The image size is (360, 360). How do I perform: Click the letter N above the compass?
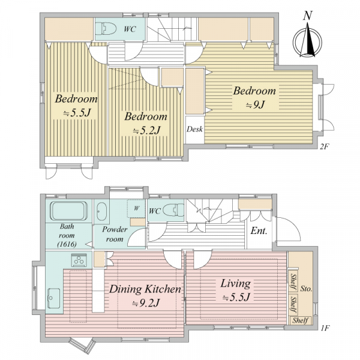[308, 16]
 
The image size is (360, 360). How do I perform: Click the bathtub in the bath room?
[68, 211]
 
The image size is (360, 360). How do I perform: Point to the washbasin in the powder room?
[101, 211]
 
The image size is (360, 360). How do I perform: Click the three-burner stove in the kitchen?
[79, 260]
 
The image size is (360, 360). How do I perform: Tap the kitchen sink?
[54, 298]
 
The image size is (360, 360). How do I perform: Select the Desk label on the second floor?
[194, 129]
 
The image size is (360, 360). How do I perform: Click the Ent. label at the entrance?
[259, 231]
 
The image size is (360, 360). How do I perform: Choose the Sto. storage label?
[306, 289]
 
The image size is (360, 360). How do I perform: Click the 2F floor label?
[323, 147]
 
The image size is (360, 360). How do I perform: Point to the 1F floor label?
[325, 328]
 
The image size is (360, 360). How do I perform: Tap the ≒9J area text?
[256, 104]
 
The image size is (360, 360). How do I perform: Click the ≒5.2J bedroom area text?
[146, 131]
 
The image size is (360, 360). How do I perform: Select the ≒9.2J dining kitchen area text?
[146, 304]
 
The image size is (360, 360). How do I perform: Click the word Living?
[236, 284]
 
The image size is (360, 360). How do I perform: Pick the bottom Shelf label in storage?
[300, 320]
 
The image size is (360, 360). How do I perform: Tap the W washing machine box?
[136, 208]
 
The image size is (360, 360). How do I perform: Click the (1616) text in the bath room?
[67, 244]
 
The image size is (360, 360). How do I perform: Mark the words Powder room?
[115, 234]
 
